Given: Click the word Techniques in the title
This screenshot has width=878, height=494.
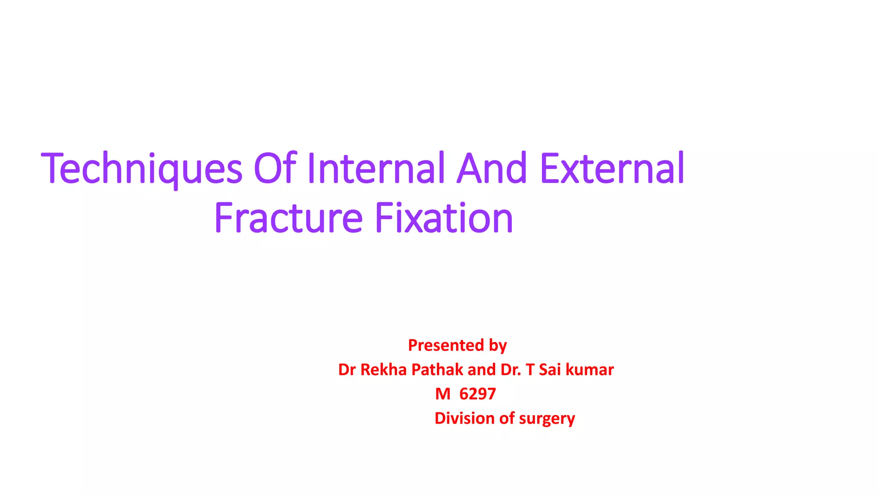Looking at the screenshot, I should pyautogui.click(x=142, y=169).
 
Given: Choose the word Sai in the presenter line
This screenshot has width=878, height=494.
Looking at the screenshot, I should pyautogui.click(x=550, y=370).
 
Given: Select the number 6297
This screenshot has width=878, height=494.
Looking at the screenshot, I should pyautogui.click(x=478, y=394).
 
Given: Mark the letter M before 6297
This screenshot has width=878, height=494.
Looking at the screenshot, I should pyautogui.click(x=442, y=394).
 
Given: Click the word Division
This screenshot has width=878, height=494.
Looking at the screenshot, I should pyautogui.click(x=465, y=419).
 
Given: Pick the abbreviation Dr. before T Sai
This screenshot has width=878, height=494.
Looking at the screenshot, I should pyautogui.click(x=511, y=370).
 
